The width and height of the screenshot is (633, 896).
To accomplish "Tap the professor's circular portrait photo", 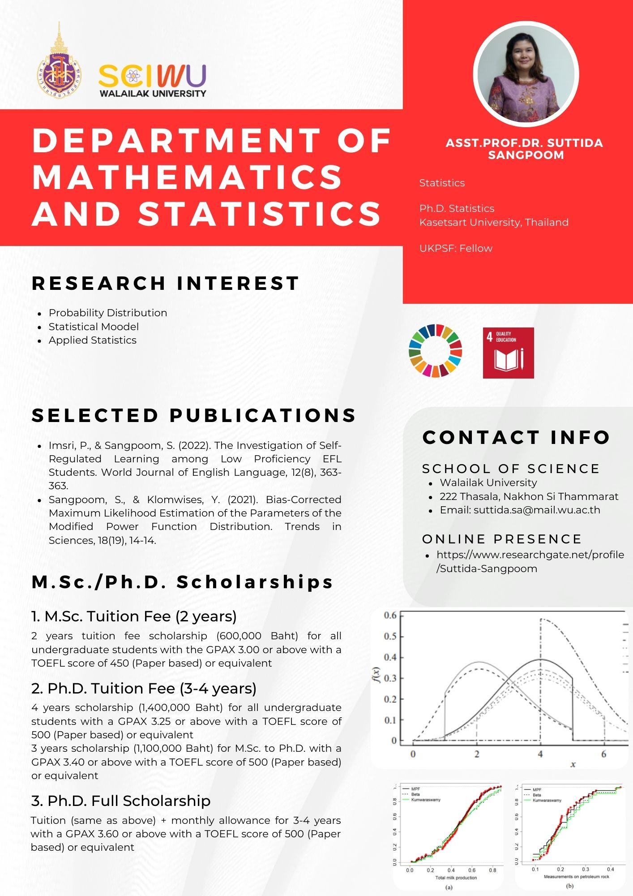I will pyautogui.click(x=526, y=74).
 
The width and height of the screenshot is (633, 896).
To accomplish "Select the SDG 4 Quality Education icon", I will pyautogui.click(x=508, y=353).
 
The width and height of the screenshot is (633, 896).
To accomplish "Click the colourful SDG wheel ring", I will pyautogui.click(x=435, y=350).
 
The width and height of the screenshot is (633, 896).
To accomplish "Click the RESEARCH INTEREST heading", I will pyautogui.click(x=165, y=283).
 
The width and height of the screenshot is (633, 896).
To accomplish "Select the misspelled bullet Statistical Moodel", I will pyautogui.click(x=94, y=327).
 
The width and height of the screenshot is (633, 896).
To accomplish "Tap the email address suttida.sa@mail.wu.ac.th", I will pyautogui.click(x=537, y=510).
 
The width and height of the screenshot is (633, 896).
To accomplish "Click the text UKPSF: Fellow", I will pyautogui.click(x=456, y=248).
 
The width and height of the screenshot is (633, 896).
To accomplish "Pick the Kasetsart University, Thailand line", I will pyautogui.click(x=494, y=222).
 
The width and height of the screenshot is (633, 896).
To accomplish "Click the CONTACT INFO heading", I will pyautogui.click(x=516, y=437).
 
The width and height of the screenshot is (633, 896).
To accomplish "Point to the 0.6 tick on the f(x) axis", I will pyautogui.click(x=390, y=615).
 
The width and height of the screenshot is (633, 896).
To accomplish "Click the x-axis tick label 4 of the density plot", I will pyautogui.click(x=540, y=754).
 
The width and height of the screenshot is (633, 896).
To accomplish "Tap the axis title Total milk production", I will pyautogui.click(x=456, y=878).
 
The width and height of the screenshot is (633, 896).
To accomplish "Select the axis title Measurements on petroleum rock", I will pyautogui.click(x=576, y=876).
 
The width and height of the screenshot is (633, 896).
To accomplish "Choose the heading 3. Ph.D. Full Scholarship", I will pyautogui.click(x=121, y=801).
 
